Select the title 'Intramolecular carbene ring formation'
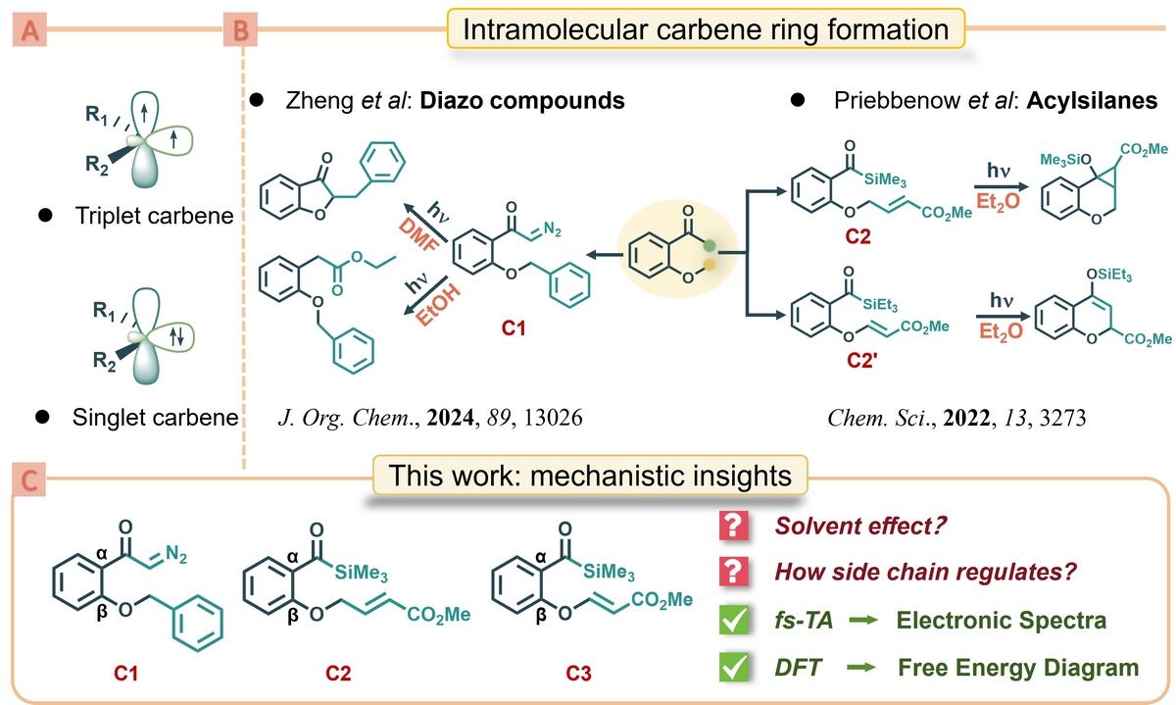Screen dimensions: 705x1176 point(706,29)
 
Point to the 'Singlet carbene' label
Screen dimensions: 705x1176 point(154,417)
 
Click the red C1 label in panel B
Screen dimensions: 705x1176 point(513,330)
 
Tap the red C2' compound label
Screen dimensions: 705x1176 point(857,355)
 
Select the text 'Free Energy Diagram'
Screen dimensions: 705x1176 point(1018,668)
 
